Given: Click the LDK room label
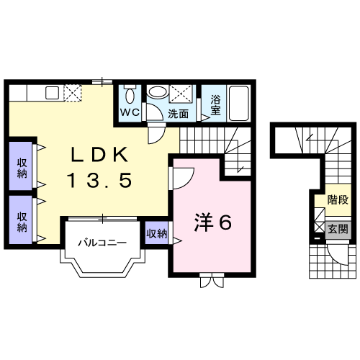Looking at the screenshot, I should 101,155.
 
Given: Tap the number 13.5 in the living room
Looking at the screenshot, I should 100,181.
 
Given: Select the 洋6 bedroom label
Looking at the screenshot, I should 212,223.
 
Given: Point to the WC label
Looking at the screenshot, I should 130,112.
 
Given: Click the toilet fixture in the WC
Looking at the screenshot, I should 130,95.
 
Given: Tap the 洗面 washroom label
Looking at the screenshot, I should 179,113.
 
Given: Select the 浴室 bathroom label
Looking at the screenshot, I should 216,107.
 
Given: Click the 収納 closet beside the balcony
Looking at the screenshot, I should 156,233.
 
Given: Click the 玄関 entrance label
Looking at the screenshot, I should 338,230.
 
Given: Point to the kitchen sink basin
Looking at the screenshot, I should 52,91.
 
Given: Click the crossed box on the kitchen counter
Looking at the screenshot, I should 73,91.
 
